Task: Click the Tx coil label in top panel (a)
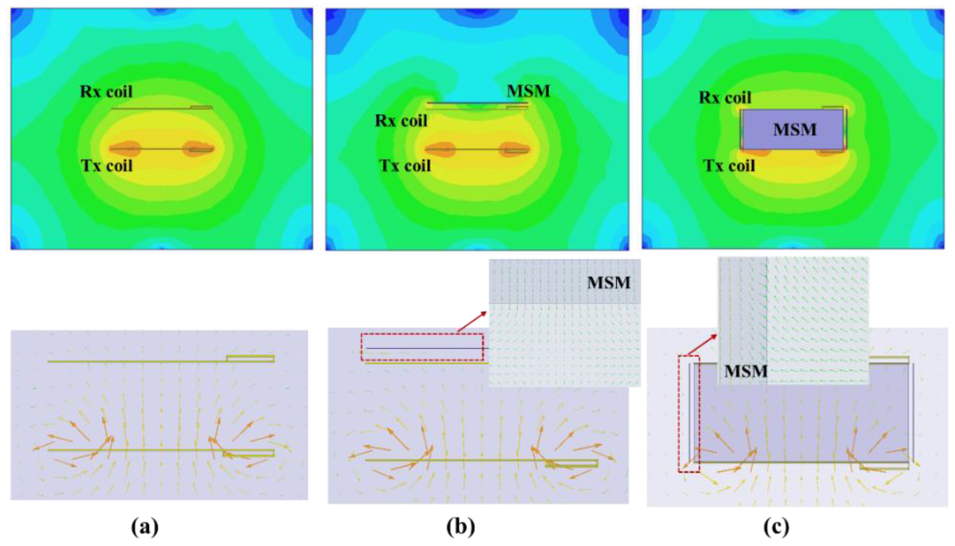coord(107,166)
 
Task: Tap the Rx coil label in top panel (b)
coord(401,121)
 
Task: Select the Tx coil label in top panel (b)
coord(405,166)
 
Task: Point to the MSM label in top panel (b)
coord(528,91)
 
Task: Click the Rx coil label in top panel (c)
coord(725,98)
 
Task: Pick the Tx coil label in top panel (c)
coord(729,166)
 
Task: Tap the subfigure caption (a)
coord(145,527)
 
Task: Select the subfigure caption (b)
coord(460,527)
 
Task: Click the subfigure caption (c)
coord(776,527)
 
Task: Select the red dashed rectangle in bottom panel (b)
coord(422,347)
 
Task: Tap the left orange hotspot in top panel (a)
coord(126,148)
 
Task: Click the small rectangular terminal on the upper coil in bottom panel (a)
coord(250,358)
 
